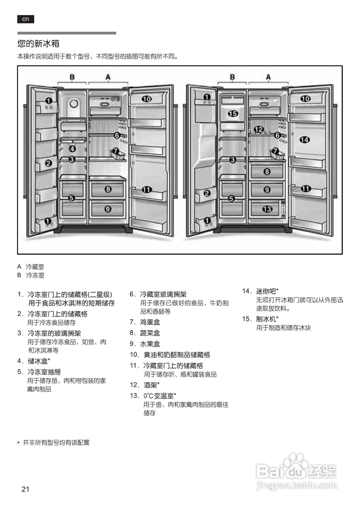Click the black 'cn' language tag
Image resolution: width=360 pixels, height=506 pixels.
(25, 19)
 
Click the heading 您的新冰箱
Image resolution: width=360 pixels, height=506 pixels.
(38, 43)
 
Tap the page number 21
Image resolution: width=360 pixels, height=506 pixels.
(26, 489)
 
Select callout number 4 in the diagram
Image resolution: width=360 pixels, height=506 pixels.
(72, 149)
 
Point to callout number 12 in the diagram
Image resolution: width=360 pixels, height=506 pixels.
(258, 129)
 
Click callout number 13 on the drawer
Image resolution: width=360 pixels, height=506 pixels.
(268, 209)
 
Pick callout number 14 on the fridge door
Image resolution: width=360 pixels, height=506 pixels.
(305, 139)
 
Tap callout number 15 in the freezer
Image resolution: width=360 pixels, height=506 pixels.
(233, 114)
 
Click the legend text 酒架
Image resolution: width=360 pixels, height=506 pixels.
(151, 385)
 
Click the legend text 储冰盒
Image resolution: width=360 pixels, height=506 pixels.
(39, 361)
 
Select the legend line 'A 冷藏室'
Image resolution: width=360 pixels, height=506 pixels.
(31, 267)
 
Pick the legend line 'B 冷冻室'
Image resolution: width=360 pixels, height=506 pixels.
(31, 275)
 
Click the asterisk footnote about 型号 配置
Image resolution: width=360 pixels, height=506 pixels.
(53, 442)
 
